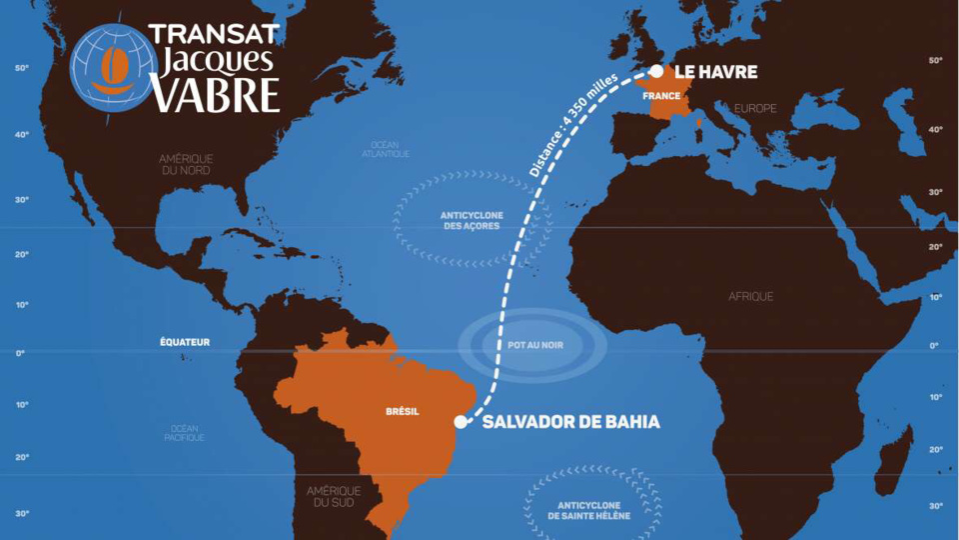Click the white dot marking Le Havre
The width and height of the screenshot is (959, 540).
pos(656,71)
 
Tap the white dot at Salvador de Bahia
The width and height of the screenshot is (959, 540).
pos(461,422)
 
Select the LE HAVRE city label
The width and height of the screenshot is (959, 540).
pos(715,72)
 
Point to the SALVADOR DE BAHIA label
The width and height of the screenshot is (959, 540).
pos(570,422)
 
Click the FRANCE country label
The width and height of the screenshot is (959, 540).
pos(661,96)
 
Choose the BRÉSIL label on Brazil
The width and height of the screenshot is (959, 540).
pos(403,411)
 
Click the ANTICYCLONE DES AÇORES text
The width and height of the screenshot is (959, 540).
pos(470,221)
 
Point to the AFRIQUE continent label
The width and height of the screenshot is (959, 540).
pos(750,296)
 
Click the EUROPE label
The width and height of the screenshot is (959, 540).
pos(754,108)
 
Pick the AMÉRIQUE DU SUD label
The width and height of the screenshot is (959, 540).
pos(334,495)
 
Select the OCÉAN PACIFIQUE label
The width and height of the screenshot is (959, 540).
pos(187,433)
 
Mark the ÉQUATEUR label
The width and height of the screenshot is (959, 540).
pos(185,342)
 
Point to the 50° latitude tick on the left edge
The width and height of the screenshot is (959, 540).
pos(21,69)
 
